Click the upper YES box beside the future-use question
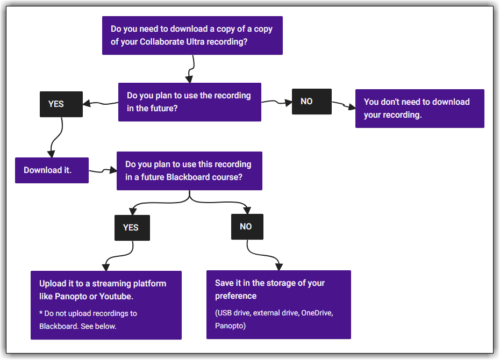click(61, 104)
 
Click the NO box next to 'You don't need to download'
click(311, 102)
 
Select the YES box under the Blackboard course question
click(132, 227)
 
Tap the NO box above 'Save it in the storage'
click(247, 227)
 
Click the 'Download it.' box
click(52, 170)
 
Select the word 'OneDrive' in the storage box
click(317, 313)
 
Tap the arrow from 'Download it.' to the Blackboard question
click(103, 171)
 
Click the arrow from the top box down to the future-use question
click(191, 69)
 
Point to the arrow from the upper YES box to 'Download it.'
click(56, 138)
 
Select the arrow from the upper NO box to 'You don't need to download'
click(344, 105)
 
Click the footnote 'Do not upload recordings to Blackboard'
click(88, 320)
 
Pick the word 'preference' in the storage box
click(235, 296)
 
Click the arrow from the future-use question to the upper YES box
click(101, 104)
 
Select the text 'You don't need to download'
click(417, 102)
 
